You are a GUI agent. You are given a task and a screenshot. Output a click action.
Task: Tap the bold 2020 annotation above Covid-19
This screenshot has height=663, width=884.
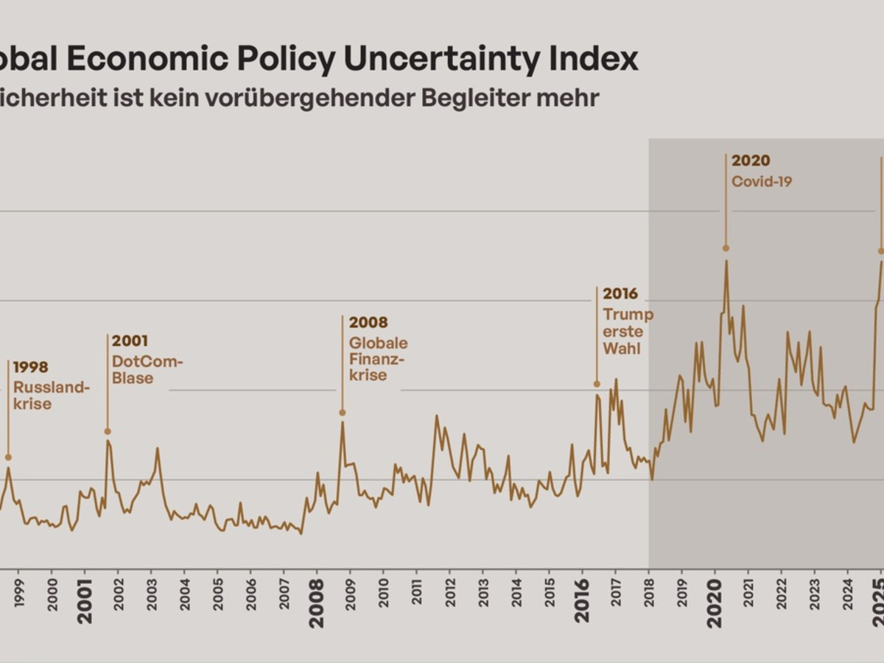point(751,161)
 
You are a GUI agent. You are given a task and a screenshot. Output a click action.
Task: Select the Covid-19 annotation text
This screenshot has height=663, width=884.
point(762,181)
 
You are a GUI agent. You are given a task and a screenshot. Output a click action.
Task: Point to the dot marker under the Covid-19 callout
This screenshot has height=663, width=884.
point(726,248)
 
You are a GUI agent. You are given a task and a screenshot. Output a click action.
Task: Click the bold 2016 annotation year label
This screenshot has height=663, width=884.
point(620,294)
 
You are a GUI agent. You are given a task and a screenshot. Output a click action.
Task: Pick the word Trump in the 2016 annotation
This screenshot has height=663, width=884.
point(628,315)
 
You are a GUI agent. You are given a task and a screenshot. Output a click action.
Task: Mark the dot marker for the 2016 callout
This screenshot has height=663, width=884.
point(597,384)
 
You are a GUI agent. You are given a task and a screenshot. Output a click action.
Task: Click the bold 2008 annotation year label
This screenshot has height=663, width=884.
point(368,323)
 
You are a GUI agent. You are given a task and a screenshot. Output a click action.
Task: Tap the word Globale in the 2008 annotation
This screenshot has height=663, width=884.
point(378,343)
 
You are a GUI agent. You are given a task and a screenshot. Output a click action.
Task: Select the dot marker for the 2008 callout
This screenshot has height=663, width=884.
point(343,413)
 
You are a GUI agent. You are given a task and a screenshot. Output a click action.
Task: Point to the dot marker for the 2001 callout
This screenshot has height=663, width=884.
point(108,431)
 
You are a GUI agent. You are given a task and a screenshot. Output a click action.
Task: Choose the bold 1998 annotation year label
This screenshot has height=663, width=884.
point(31,367)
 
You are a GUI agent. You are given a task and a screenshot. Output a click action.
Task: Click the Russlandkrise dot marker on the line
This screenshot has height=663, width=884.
point(8,457)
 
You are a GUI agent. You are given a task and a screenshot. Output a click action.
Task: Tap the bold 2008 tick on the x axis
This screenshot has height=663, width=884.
point(317,597)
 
